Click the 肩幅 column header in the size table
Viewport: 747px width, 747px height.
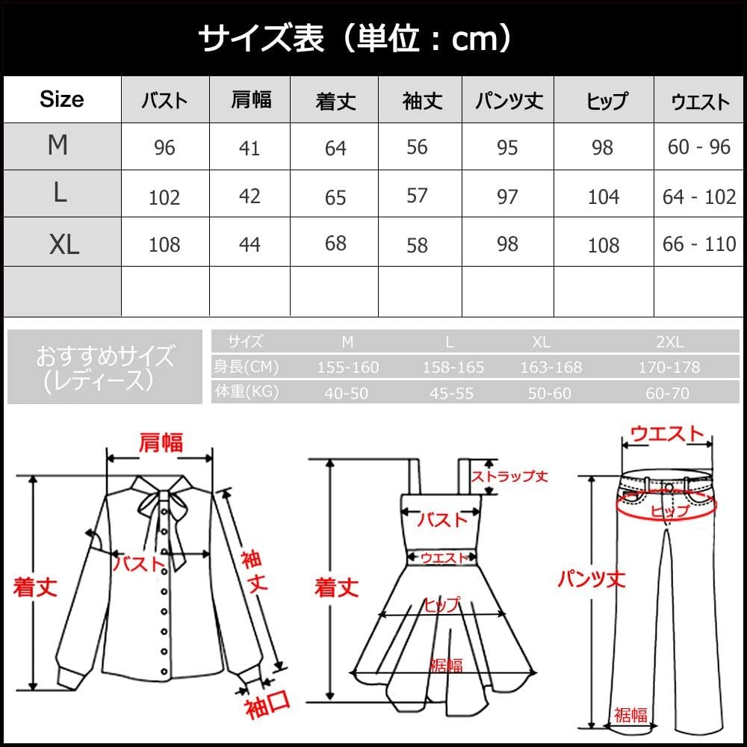point(251,100)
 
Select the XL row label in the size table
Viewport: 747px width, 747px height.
point(63,245)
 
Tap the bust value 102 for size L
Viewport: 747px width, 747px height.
point(164,197)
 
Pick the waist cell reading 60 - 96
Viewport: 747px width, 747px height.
point(699,147)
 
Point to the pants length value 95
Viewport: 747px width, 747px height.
point(507,148)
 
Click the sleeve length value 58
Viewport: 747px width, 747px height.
point(417,245)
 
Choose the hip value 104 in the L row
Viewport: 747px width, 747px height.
point(604,196)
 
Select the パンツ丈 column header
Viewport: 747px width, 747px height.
point(509,101)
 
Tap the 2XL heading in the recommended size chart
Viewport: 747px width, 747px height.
point(670,341)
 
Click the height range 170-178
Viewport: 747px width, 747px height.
point(669,368)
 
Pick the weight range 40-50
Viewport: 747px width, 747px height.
point(347,394)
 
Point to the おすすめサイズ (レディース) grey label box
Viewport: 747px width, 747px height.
point(105,367)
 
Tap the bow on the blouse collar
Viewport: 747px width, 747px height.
point(162,505)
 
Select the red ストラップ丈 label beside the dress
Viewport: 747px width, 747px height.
point(509,476)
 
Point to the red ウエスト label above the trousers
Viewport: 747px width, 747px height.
point(667,433)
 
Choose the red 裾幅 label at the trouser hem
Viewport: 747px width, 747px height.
point(630,715)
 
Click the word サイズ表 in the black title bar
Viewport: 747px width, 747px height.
point(261,38)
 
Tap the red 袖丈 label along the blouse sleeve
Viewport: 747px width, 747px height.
point(255,571)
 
